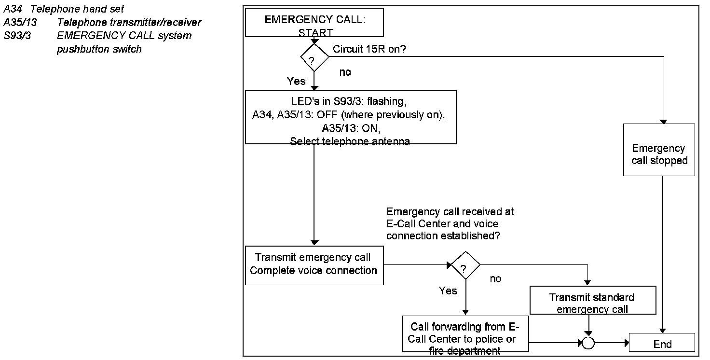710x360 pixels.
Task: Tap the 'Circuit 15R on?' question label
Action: tap(371, 49)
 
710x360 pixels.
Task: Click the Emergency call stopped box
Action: tap(659, 150)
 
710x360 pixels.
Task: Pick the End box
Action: tap(662, 344)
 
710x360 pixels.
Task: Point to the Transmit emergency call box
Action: tap(314, 265)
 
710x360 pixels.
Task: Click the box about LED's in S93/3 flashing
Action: tap(351, 117)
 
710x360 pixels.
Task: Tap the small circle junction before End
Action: tap(588, 343)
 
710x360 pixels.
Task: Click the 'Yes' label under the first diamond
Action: tap(296, 82)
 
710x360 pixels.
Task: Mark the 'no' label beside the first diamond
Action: tap(345, 72)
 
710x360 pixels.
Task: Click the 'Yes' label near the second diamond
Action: tap(448, 291)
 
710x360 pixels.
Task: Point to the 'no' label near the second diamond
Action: tap(495, 279)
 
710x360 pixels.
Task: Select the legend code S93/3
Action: tap(17, 35)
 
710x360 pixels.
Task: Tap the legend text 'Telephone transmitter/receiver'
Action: tap(129, 22)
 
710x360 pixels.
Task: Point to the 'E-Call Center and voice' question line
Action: tap(442, 223)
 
